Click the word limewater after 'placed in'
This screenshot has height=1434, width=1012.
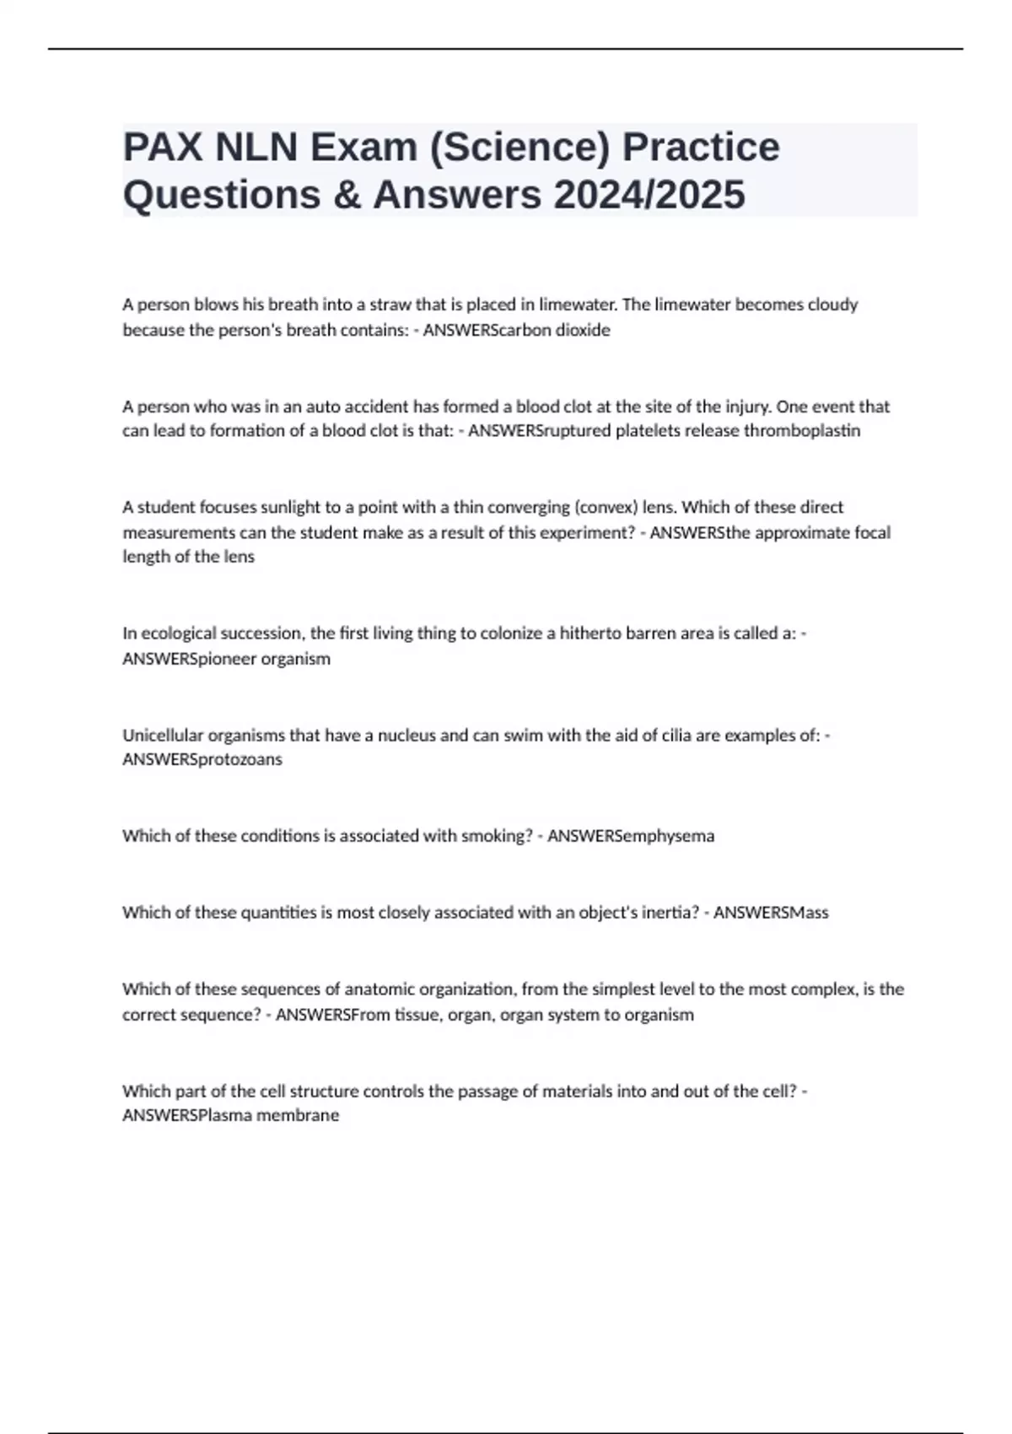click(x=577, y=305)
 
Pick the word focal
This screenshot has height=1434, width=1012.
click(x=870, y=532)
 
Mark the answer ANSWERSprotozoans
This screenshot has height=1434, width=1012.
click(x=202, y=759)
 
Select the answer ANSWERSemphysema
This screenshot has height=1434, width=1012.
click(x=631, y=836)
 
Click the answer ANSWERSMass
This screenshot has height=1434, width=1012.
click(x=771, y=912)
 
